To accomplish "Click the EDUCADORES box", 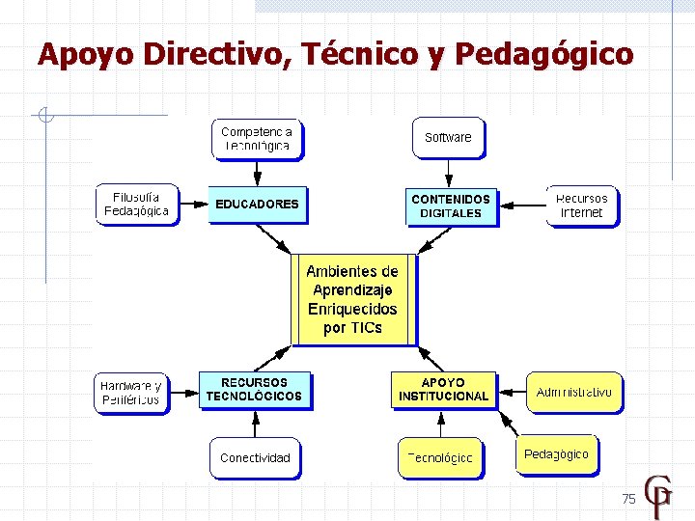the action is click(x=258, y=205).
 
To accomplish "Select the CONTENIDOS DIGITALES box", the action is click(x=451, y=206).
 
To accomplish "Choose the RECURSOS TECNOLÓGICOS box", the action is click(x=254, y=389).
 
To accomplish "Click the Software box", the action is click(x=448, y=137).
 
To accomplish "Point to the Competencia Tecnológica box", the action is click(x=256, y=138).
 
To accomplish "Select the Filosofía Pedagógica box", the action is click(x=137, y=204).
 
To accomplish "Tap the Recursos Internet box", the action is click(x=581, y=206).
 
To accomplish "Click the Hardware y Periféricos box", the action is click(x=130, y=393).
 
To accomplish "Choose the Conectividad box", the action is click(x=255, y=457).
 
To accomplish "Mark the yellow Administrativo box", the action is click(x=573, y=392).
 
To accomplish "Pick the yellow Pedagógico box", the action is click(x=556, y=454).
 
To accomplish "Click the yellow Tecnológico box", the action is click(x=440, y=457).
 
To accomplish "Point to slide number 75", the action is click(x=628, y=499).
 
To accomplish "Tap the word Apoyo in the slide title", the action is click(x=85, y=54).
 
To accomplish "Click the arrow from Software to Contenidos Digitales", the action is click(x=449, y=173).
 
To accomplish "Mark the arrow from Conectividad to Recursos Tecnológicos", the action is click(x=255, y=424).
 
